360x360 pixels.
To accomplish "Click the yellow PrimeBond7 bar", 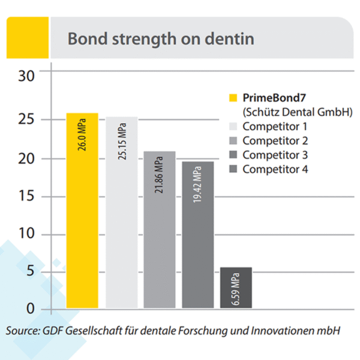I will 82,228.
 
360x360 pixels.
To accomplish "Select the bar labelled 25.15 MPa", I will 122,228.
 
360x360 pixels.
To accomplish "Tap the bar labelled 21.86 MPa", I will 160,240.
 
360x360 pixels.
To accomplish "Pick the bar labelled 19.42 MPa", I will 198,246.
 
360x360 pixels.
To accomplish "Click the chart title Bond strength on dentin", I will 160,39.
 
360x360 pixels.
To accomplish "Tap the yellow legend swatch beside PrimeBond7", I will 234,98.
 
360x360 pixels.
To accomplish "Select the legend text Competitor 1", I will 275,127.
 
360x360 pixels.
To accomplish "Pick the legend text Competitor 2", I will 275,141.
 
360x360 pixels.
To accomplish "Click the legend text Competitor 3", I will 275,155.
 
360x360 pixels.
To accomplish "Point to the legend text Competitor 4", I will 275,169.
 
